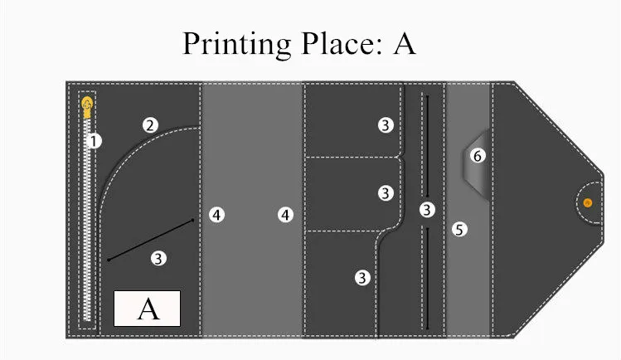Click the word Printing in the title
tap(237, 45)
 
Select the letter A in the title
tap(405, 44)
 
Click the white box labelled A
tap(147, 309)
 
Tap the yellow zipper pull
tap(87, 107)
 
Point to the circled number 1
tap(94, 140)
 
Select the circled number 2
tap(150, 125)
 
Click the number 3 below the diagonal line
tap(158, 259)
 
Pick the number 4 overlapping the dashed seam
tap(216, 215)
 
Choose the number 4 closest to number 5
tap(285, 215)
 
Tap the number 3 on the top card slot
tap(386, 125)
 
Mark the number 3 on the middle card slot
tap(386, 193)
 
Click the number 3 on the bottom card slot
tap(362, 278)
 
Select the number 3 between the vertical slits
tap(427, 210)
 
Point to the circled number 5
tap(459, 229)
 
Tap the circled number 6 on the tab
tap(478, 156)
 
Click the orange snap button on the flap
tap(588, 202)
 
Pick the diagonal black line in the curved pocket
tap(151, 240)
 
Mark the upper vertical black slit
tap(427, 146)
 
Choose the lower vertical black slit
tap(427, 279)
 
